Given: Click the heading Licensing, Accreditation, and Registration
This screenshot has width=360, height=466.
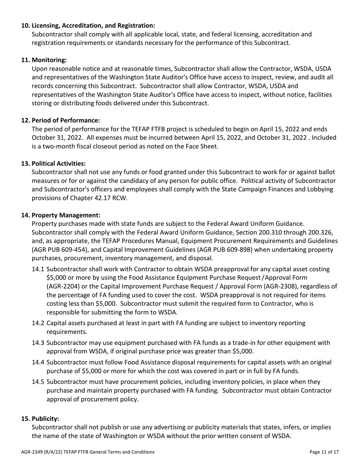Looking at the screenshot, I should point(93,25).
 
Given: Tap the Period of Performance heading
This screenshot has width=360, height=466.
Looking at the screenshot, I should point(66,120).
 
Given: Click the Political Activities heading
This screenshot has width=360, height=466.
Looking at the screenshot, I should point(58,163).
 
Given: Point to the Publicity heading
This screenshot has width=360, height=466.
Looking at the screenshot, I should point(45,419).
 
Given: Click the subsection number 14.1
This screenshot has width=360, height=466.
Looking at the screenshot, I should point(38,269).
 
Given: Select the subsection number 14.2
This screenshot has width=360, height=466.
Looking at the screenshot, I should point(38,323).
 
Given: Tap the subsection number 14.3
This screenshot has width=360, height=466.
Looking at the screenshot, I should point(38,343).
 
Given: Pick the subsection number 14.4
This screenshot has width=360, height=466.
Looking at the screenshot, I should point(38,362).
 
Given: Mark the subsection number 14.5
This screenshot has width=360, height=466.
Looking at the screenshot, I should point(38,382).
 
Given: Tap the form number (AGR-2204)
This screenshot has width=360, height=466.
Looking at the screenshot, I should point(64,286).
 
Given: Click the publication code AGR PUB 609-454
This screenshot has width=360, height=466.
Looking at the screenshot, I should point(62,250).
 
